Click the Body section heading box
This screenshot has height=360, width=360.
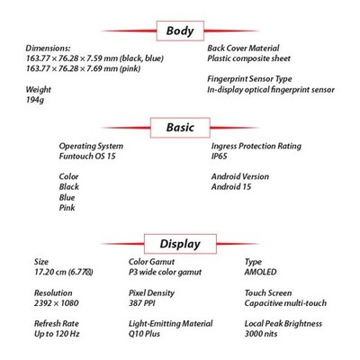point(180,31)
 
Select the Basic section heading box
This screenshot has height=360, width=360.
point(180,128)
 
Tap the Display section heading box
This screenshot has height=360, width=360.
point(180,244)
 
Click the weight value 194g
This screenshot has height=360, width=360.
point(35,100)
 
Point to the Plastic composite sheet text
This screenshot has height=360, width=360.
point(249,58)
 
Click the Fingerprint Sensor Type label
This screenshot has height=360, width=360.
point(249,79)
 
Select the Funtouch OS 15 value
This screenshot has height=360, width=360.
point(87,157)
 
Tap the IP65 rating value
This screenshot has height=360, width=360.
point(220,157)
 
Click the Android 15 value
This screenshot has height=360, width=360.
point(231,187)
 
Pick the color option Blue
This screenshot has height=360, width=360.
point(67,197)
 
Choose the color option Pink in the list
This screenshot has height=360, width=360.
point(67,208)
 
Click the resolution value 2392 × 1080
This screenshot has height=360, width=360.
point(57,303)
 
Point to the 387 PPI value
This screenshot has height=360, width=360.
point(142,303)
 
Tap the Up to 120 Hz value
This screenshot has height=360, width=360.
point(57,334)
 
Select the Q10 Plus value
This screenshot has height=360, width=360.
point(144,334)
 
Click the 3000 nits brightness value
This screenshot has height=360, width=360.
point(261,334)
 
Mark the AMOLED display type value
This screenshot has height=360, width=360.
point(260,272)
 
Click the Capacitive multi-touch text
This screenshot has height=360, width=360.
point(285,303)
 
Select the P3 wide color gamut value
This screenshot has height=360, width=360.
point(166,273)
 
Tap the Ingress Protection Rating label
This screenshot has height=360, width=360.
point(256,147)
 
